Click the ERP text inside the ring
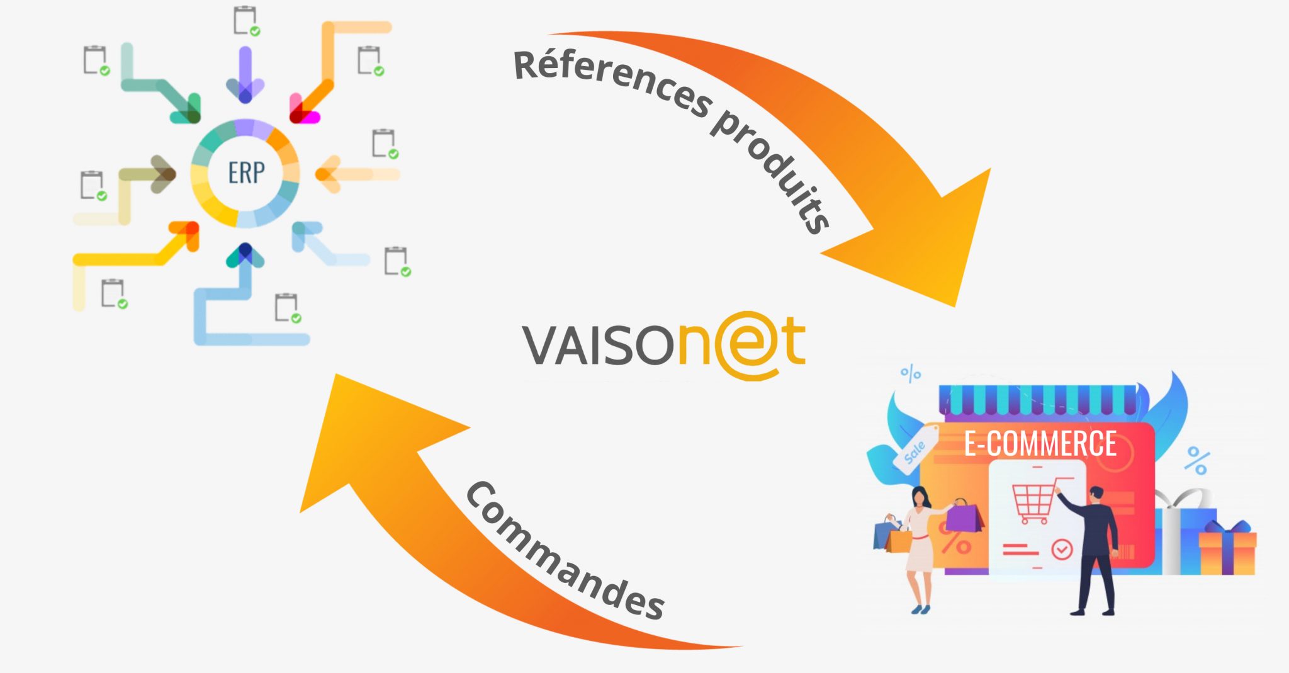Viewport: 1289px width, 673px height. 246,172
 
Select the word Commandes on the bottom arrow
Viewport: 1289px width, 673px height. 564,551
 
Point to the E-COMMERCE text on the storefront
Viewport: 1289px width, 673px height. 1040,444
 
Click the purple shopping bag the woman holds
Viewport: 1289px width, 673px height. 964,517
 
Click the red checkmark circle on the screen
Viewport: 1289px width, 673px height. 1062,549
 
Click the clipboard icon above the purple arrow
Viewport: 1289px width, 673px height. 245,21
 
